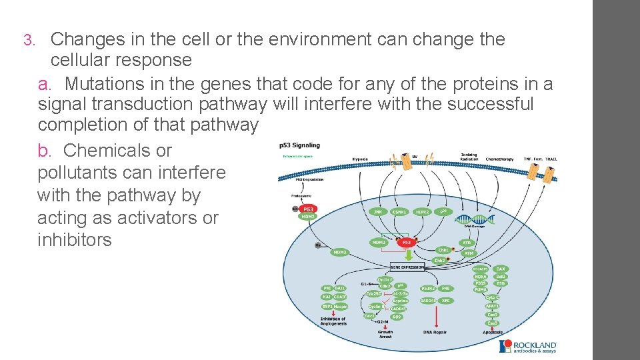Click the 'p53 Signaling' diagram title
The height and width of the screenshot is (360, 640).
click(299, 145)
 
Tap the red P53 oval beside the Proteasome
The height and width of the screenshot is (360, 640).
click(309, 209)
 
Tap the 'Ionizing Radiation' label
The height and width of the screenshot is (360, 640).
click(469, 157)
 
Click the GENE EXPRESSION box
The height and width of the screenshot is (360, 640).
click(407, 267)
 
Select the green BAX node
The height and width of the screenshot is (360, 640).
click(501, 269)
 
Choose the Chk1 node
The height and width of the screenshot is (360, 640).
click(443, 250)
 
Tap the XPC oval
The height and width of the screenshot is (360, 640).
click(446, 301)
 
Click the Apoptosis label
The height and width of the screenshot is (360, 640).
click(493, 331)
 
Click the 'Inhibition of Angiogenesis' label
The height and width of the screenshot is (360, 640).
click(333, 322)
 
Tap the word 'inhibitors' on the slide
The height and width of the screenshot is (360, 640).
click(75, 240)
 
